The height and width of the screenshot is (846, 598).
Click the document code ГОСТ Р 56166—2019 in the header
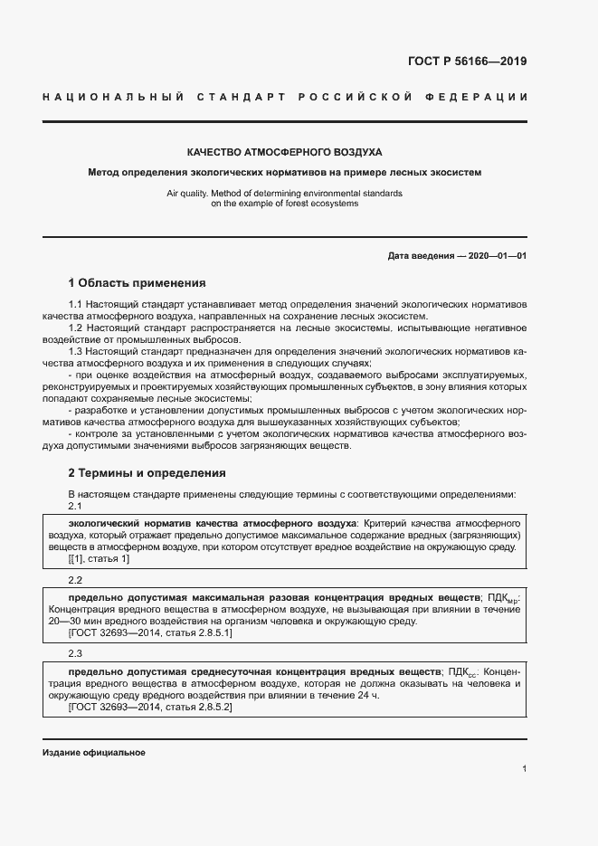click(461, 62)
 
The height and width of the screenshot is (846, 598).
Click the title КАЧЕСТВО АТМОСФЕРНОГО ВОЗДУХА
click(284, 152)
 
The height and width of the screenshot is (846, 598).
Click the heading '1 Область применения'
click(137, 282)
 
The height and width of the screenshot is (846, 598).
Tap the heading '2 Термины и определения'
click(147, 472)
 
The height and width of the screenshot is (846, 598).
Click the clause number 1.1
click(76, 306)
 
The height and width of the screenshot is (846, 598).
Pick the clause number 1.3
click(76, 348)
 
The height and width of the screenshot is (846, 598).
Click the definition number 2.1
click(76, 506)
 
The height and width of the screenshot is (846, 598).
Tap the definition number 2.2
click(76, 579)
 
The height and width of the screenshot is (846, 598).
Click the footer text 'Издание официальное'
click(94, 753)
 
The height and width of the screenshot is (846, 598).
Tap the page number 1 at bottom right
click(524, 768)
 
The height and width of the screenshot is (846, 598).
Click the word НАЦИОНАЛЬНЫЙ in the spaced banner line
click(114, 96)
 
